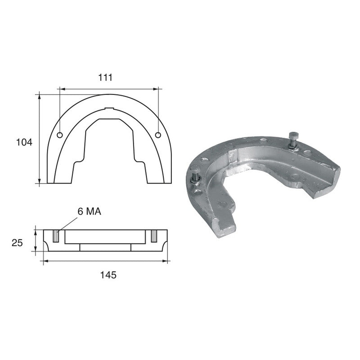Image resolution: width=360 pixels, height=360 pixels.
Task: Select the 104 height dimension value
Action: pyautogui.click(x=25, y=143)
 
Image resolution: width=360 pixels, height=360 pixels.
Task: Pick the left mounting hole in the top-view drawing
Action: pyautogui.click(x=60, y=135)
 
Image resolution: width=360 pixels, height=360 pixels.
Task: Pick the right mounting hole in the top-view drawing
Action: pyautogui.click(x=158, y=135)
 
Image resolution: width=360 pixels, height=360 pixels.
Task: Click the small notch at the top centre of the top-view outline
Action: pyautogui.click(x=109, y=108)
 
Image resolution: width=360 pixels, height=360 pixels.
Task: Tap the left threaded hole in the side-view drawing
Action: pyautogui.click(x=55, y=236)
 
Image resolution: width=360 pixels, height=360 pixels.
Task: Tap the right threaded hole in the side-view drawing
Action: pyautogui.click(x=154, y=236)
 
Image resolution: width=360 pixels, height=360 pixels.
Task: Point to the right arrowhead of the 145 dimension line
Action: pyautogui.click(x=166, y=261)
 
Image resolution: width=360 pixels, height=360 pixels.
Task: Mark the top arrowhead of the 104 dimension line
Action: pyautogui.click(x=40, y=95)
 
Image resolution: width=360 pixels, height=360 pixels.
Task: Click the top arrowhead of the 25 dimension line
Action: pyautogui.click(x=36, y=232)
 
